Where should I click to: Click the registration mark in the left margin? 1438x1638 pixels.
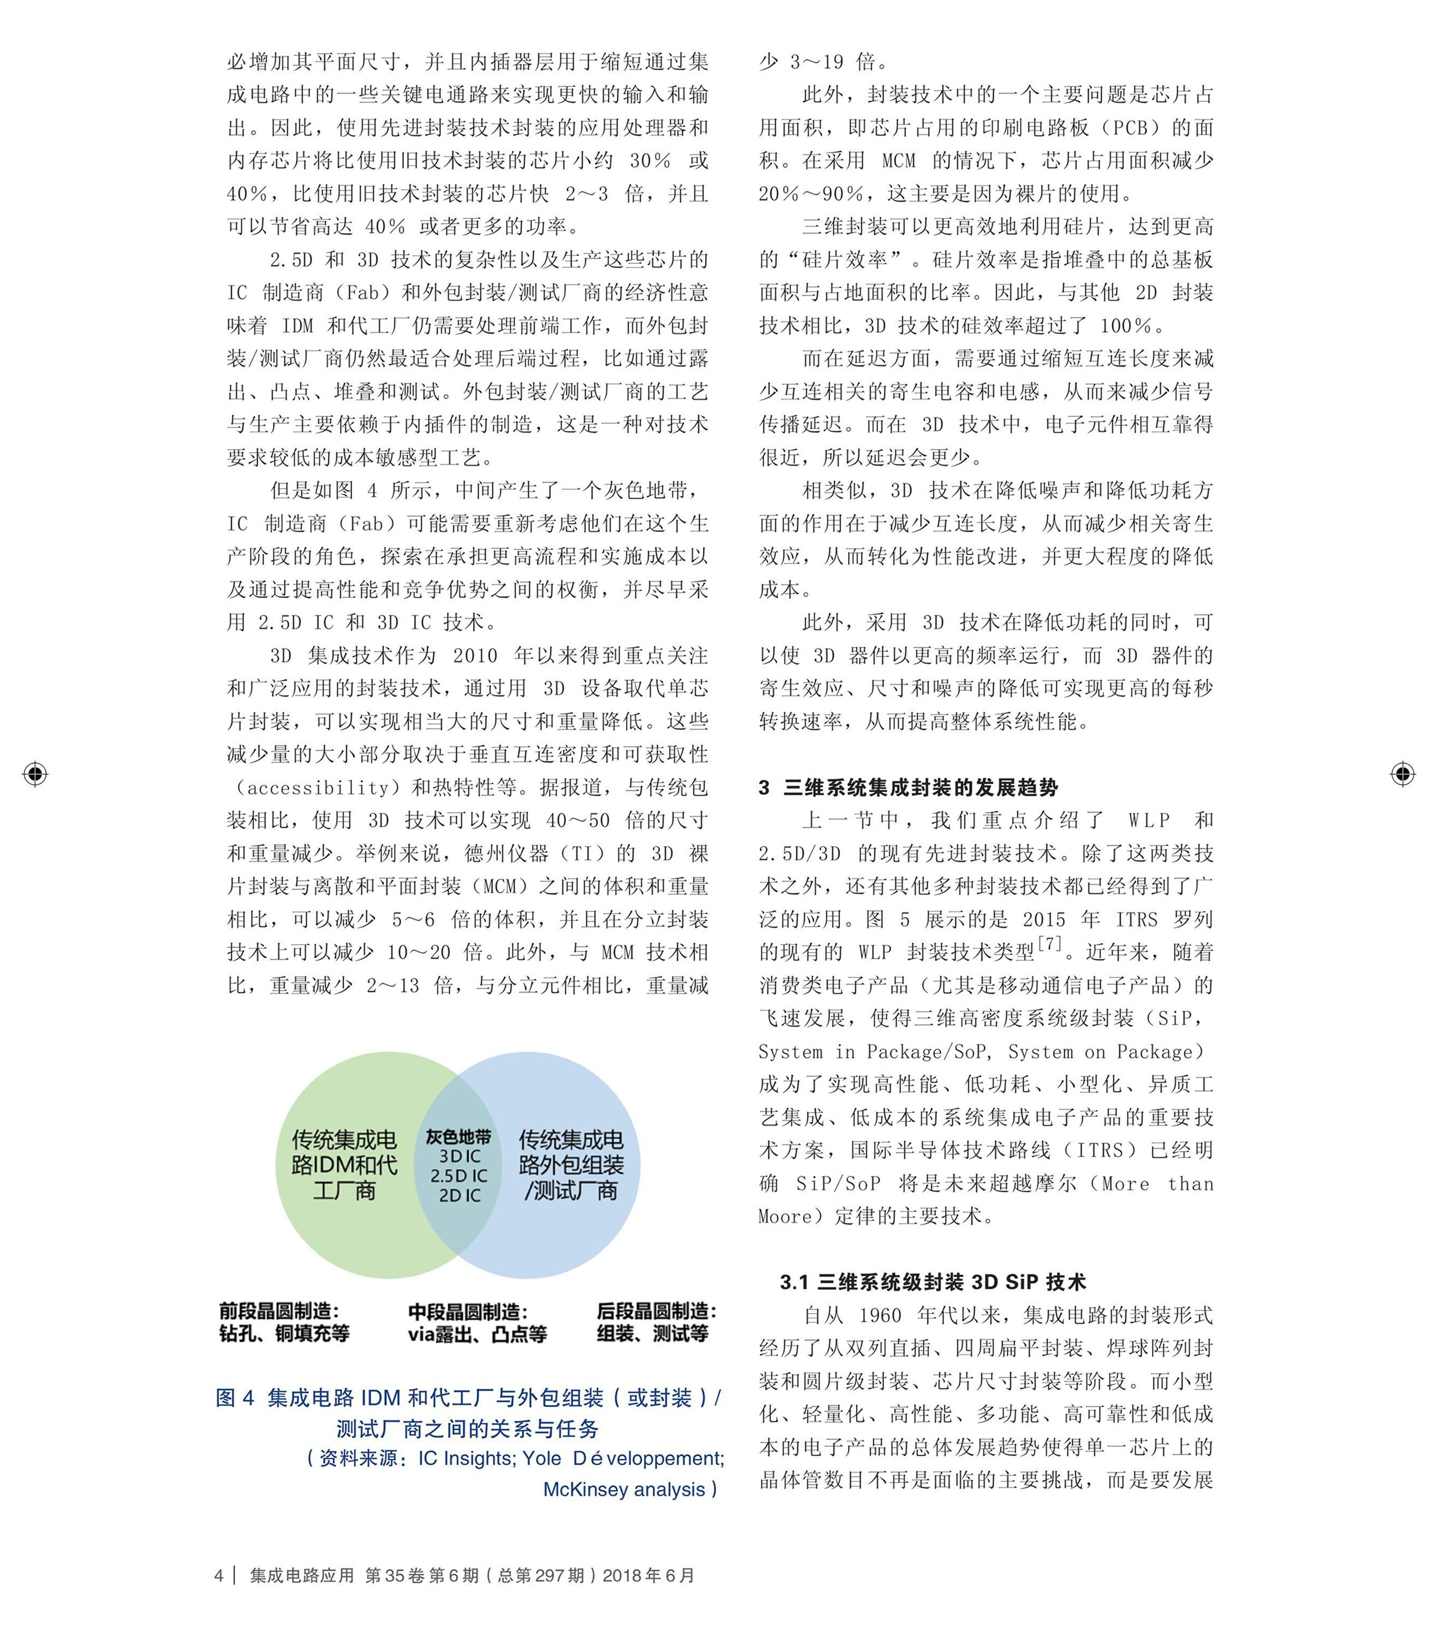[35, 774]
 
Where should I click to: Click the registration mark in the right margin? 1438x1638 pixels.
[1402, 774]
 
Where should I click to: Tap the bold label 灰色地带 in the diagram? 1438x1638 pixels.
[458, 1136]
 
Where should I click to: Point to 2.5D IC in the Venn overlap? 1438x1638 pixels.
[458, 1176]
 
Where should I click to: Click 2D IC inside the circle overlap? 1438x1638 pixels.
[459, 1195]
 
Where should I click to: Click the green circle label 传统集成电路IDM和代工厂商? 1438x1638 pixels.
[344, 1165]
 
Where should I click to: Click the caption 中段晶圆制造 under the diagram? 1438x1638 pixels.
[467, 1312]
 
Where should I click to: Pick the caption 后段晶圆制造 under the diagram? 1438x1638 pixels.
[656, 1311]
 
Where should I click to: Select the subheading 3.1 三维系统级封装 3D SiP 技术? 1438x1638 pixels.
[933, 1282]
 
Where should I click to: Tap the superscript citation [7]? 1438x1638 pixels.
[1049, 944]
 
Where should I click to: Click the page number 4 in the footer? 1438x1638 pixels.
[219, 1576]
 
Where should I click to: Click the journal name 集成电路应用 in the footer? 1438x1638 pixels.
[301, 1576]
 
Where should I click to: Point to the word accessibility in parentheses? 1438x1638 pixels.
[318, 788]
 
